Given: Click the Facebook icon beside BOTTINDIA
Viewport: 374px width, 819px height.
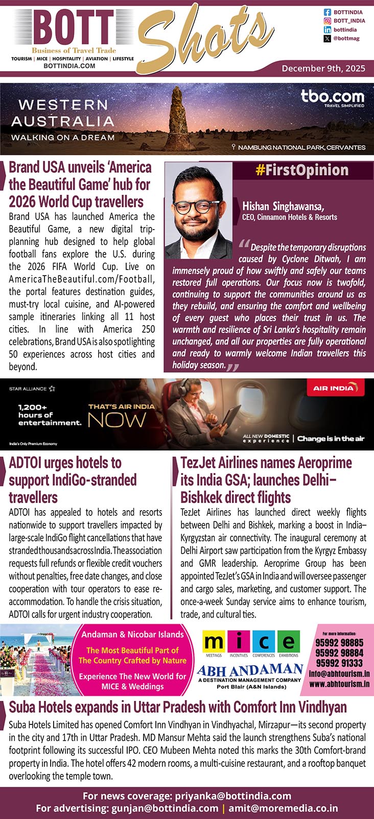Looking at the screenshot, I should pos(327,12).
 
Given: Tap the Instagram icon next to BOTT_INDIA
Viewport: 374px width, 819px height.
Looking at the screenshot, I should pos(327,21).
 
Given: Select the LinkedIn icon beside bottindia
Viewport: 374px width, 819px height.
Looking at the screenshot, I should pos(327,30).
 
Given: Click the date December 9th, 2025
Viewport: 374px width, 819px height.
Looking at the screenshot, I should pos(323,68).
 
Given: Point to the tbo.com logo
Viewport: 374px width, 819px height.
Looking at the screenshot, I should pos(333,97).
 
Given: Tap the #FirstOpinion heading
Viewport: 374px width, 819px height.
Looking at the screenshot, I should pos(302,170).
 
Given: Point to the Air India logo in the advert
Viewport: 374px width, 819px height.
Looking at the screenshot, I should pos(333,388).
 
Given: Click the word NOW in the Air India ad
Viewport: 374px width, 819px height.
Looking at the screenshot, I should pos(117,420).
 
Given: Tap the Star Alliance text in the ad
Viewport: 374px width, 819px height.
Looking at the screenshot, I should pos(28,389).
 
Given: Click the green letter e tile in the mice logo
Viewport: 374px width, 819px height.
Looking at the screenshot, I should pos(289,642).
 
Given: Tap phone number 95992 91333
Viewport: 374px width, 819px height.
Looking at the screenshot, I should pos(339,663).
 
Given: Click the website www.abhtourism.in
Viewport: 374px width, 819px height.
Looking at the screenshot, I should pos(339,684).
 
